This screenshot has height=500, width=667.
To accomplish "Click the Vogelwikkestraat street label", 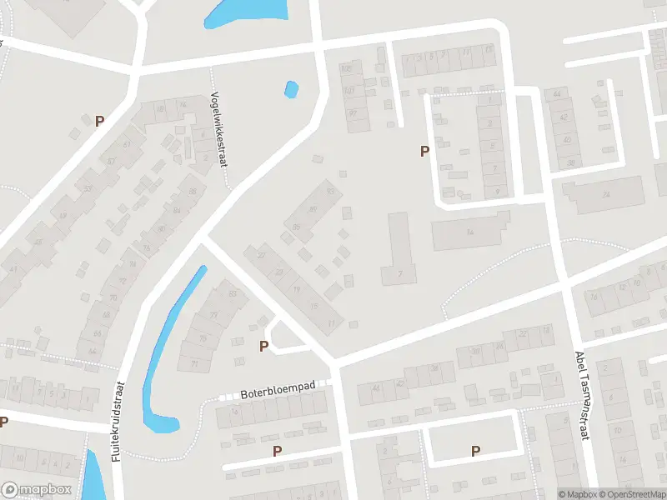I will coord(219,128).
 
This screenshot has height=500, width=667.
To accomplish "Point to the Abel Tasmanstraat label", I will coord(581,395).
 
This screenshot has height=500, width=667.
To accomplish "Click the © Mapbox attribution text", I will coord(578,494).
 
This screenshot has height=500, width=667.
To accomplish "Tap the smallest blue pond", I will coord(291,88).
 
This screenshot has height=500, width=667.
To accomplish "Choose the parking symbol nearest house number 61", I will coord(100,121).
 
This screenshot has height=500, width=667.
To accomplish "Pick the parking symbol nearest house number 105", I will coord(424,151).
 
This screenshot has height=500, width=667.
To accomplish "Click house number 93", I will coord(331,192).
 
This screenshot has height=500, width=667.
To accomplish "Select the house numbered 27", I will coord(261,255).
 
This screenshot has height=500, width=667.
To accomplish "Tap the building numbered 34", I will coord(606,195).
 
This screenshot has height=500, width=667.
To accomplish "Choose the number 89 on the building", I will coord(313,209).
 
